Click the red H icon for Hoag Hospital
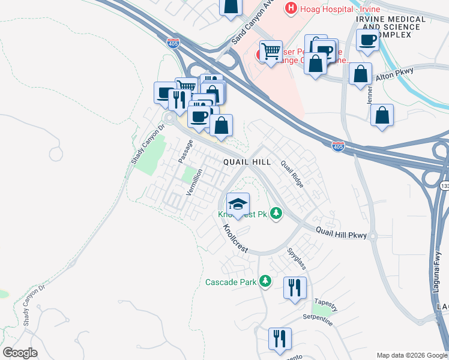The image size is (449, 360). pyautogui.click(x=291, y=8)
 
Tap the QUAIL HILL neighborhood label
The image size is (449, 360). pyautogui.click(x=247, y=162)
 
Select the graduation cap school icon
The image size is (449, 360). pyautogui.click(x=238, y=203)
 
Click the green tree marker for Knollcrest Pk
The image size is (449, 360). pyautogui.click(x=276, y=213)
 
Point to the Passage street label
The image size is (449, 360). pyautogui.click(x=186, y=152)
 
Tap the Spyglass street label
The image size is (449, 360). pyautogui.click(x=297, y=259)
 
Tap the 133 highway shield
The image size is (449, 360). pyautogui.click(x=444, y=187)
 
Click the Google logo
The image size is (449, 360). pyautogui.click(x=20, y=353)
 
